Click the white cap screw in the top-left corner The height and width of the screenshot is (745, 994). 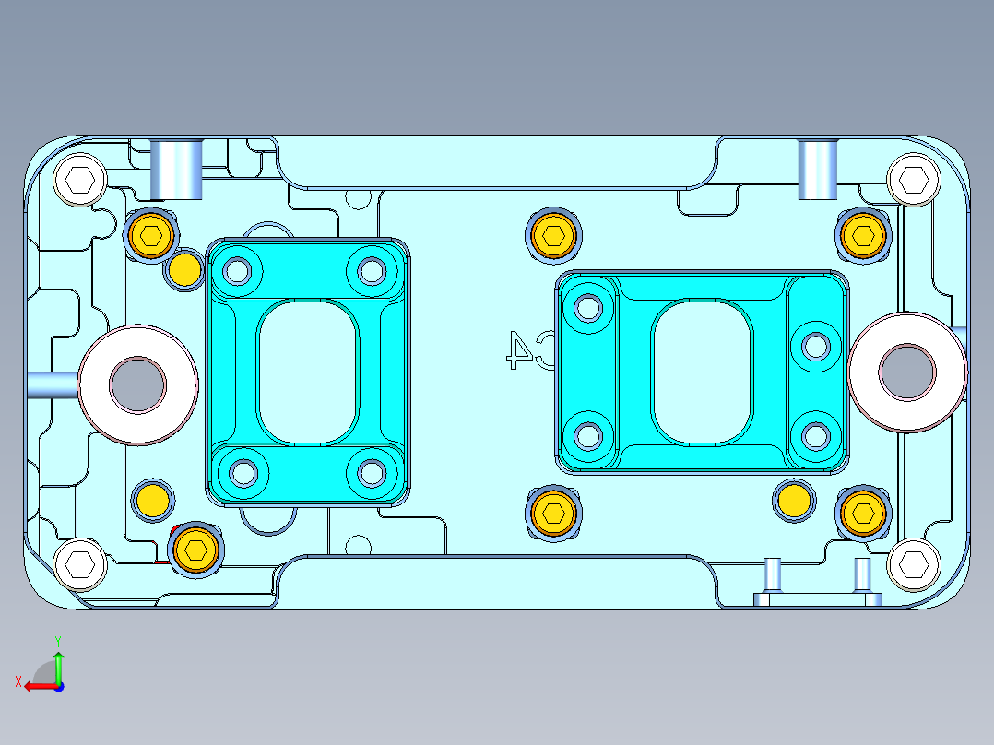(x=80, y=180)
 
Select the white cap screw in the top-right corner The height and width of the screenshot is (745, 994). (x=913, y=180)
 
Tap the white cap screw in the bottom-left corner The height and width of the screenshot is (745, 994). (x=80, y=563)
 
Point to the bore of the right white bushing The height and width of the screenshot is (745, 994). (x=906, y=372)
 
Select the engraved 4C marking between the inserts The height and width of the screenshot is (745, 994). (x=528, y=349)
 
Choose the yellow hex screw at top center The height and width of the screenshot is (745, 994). (x=554, y=236)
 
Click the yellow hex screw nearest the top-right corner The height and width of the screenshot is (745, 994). (x=863, y=235)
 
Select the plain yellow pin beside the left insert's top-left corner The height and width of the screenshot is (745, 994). (x=184, y=270)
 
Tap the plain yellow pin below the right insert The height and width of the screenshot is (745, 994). (x=794, y=501)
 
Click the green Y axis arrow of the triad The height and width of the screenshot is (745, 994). (x=58, y=662)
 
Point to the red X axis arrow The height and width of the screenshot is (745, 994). (x=35, y=685)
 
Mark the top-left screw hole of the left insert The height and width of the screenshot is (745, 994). (x=238, y=271)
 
